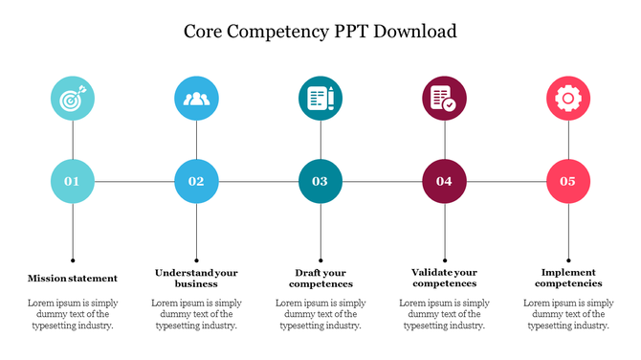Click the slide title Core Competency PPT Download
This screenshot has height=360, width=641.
point(320,31)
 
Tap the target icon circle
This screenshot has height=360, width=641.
point(73,98)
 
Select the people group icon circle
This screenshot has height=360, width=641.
point(196,98)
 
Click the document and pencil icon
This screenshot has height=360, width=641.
point(320,98)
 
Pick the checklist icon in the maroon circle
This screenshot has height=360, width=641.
point(444,98)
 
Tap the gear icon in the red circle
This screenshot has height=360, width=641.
point(568,98)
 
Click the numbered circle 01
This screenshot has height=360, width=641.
point(73,181)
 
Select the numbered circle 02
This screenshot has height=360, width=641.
point(196,181)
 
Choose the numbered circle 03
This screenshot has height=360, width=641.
point(320,181)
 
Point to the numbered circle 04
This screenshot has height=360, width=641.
point(444,181)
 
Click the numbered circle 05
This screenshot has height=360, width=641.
point(568,181)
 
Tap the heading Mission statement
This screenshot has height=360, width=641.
point(73,279)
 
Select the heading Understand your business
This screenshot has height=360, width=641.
point(196,278)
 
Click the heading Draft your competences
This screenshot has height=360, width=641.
point(320,278)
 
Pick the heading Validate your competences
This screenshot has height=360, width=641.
point(444,278)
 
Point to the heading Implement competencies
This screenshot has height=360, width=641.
point(568,278)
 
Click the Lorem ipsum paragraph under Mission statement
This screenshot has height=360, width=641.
point(73,314)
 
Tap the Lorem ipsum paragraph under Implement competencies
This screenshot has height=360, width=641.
point(568,314)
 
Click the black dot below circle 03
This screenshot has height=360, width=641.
point(320,259)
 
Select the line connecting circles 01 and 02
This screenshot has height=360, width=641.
point(134,181)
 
